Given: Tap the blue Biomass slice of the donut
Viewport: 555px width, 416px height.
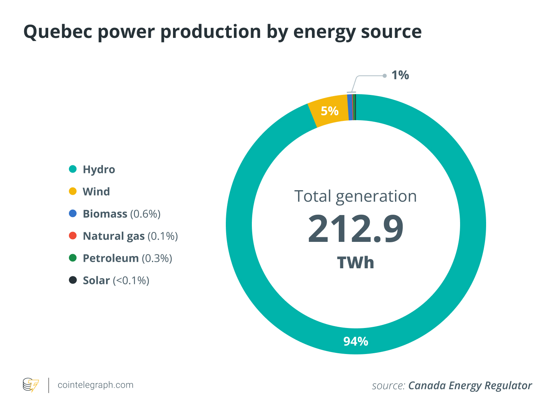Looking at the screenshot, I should tap(350, 107).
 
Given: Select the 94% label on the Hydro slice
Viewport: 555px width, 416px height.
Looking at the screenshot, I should tap(356, 341).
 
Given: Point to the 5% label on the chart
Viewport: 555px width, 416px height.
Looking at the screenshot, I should tap(330, 111).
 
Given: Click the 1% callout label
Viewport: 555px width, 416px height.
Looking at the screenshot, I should tap(400, 75).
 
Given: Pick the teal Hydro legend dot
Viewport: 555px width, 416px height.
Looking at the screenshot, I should tap(73, 169).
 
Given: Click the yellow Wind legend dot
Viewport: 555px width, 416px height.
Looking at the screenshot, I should tap(73, 191).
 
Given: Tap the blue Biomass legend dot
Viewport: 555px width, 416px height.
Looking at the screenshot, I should tap(73, 214).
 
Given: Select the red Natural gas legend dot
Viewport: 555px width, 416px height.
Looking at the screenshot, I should tap(73, 236).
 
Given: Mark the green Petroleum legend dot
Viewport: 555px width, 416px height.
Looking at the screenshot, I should tap(73, 258).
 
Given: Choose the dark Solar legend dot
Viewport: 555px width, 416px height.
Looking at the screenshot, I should tap(73, 280).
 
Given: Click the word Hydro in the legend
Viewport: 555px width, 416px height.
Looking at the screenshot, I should tap(99, 170).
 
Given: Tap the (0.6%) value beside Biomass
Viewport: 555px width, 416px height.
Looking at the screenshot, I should tap(145, 214).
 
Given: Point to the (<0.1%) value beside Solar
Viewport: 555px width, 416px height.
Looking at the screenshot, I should tap(131, 281).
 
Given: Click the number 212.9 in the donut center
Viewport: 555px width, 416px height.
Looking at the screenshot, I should tap(356, 229).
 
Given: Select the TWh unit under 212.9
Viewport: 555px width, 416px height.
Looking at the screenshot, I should tap(356, 263).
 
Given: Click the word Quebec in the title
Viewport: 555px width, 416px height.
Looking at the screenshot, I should tap(57, 32).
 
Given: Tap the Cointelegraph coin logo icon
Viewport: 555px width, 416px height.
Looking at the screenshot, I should tap(31, 385).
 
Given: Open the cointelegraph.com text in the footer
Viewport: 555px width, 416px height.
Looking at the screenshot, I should tap(95, 385).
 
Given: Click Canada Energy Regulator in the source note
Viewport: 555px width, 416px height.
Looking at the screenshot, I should tap(470, 386).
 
